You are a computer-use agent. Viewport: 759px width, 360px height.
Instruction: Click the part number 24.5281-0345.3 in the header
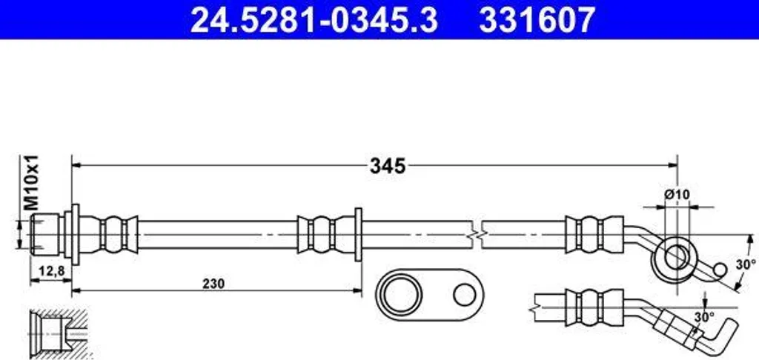pos(314,19)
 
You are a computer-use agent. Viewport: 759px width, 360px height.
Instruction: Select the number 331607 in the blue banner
pos(537,19)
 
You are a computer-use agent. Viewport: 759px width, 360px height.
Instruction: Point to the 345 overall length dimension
pos(387,166)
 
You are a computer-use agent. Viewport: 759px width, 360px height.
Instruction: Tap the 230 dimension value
pos(213,284)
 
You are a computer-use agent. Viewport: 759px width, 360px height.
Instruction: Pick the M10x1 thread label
pos(32,182)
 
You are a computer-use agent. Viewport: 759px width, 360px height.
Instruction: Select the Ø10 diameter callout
pos(677,195)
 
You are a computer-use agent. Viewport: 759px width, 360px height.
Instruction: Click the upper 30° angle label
pos(746,264)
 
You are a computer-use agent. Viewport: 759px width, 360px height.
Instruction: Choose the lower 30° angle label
pos(704,318)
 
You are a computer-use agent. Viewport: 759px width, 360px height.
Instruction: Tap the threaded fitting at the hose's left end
pos(44,235)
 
